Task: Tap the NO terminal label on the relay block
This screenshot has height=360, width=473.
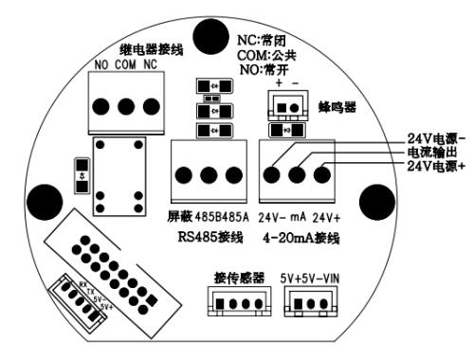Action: click(103, 65)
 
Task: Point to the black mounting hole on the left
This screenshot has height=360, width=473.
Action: click(41, 201)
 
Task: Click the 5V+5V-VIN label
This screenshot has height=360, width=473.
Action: click(309, 279)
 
